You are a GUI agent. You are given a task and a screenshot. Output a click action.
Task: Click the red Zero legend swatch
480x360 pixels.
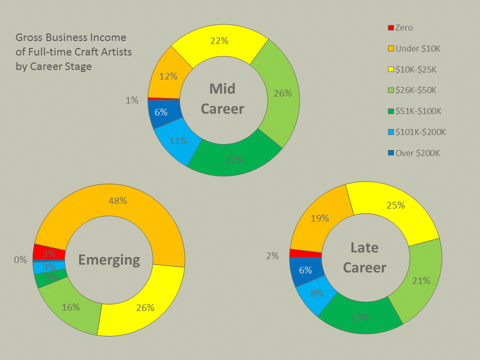pos(391,28)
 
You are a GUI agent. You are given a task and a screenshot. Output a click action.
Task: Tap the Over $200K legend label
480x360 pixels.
pos(417,153)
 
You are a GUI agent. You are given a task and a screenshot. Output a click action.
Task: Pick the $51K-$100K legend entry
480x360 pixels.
pos(418,111)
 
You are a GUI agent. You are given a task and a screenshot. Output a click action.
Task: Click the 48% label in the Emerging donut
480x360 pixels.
pos(117,200)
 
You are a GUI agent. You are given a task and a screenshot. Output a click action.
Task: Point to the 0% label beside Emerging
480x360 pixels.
pos(20,259)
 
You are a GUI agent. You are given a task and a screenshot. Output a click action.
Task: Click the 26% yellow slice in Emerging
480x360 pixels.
pos(145,305)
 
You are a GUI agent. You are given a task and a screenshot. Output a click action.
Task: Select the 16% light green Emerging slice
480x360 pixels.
pos(70,306)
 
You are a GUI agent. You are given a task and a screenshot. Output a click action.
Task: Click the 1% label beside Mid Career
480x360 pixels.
pos(132,100)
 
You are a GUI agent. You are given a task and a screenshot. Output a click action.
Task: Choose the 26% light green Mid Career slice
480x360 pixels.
pos(281,93)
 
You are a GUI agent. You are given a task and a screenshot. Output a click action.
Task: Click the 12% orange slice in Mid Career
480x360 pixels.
pos(168,76)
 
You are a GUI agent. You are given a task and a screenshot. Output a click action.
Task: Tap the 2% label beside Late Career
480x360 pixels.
pos(272,255)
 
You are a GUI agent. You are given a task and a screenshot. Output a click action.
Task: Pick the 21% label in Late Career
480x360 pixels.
pos(420,280)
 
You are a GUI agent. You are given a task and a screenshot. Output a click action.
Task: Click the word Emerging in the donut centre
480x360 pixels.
pos(109,259)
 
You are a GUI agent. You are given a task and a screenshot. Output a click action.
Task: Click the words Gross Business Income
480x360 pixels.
pos(71,37)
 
